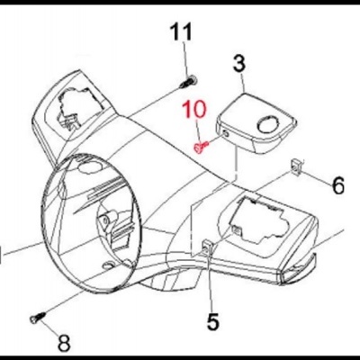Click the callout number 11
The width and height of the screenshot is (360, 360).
tap(181, 32)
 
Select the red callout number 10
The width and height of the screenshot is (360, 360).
tap(195, 109)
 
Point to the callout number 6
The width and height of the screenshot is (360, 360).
tap(338, 185)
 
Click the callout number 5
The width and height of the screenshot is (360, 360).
tap(212, 321)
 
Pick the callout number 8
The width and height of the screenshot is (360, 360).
tap(64, 343)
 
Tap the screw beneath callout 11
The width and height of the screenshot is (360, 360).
tap(188, 82)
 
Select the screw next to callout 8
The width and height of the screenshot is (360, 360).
tap(38, 318)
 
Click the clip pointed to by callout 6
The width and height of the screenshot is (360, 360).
tap(295, 167)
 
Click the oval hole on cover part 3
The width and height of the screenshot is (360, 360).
tap(268, 125)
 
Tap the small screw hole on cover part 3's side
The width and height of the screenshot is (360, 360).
tap(226, 135)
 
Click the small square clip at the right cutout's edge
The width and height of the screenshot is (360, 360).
tap(236, 230)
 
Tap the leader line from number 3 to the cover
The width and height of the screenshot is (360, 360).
tap(243, 83)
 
